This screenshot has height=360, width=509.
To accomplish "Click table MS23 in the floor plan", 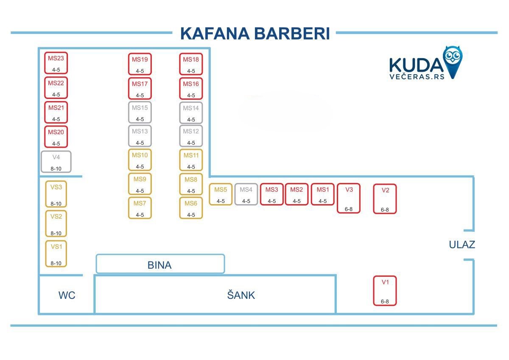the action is coord(56,63).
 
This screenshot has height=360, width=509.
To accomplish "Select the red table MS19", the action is coord(140,64).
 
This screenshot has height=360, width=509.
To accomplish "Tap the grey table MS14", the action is coord(191,113).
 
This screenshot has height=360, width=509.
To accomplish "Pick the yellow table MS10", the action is coord(140,160).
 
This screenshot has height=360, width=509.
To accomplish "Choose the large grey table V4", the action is coord(56,162).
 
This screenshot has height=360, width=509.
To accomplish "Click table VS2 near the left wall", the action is coord(56,224).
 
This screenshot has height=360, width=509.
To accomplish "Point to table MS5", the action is coord(221,194).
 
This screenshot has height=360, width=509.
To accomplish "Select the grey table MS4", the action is coord(246,194).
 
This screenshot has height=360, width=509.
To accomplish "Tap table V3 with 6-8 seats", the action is coord(349,198).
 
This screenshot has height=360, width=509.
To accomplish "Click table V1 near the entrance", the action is coord(385,291).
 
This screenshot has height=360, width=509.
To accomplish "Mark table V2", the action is coord(385,199).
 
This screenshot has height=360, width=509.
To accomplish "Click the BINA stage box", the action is coord(160,264).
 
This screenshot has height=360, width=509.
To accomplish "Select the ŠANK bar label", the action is coord(241,295).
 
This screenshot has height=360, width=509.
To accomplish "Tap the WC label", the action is coord(67,295).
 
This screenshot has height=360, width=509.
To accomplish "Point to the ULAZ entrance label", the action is coord(462,245).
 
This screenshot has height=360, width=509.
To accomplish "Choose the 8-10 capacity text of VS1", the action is coord(56,263).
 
